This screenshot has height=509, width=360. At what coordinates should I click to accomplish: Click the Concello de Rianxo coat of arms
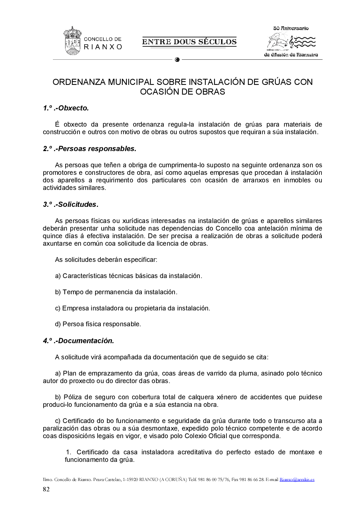pos(72,41)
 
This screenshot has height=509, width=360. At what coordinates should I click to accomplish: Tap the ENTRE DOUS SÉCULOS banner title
pos(189,42)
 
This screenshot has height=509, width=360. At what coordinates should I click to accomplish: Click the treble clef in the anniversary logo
pos(292,42)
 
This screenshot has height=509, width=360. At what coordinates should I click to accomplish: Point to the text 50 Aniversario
pos(291,28)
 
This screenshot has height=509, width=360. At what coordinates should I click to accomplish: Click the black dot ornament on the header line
pos(177,60)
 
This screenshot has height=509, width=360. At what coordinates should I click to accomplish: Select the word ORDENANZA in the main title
pos(79,82)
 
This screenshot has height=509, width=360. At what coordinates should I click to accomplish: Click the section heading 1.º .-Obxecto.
pos(66,108)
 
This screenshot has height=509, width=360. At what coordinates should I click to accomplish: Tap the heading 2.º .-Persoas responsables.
pos(90,149)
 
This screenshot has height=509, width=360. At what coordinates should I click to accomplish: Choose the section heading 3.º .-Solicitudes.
pos(71,204)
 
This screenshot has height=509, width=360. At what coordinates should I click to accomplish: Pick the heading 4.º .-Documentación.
pos(78,341)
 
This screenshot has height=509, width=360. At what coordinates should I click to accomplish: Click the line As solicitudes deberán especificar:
pos(106,260)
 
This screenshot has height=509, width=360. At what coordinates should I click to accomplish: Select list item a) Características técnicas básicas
pos(129,276)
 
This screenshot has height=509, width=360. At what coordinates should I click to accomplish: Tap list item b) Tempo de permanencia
pos(116,292)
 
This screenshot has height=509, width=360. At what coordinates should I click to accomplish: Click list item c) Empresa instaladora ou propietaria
pos(132,308)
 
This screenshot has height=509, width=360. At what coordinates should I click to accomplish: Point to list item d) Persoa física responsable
pos(98,324)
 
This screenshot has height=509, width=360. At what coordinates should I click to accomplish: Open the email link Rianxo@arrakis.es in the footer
pos(297,480)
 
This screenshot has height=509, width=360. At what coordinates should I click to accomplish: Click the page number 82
pos(46,489)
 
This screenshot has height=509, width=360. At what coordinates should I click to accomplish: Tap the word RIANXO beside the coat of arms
pos(103,47)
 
